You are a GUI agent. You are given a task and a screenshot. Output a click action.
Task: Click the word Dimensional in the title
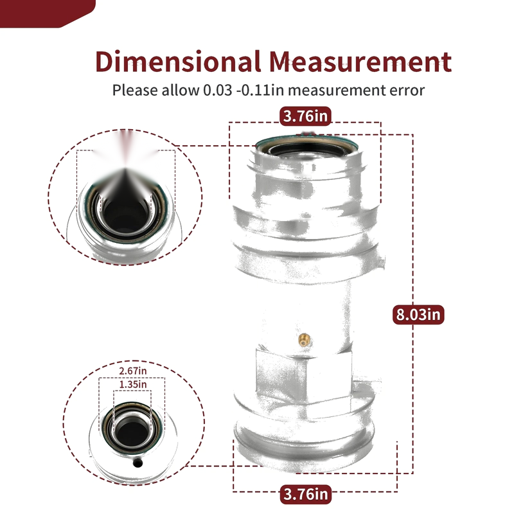178,62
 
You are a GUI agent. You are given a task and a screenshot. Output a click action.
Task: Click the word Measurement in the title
360,62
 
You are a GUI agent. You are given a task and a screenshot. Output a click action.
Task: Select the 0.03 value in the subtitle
218,90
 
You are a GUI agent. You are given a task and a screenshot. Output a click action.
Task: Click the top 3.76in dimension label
306,116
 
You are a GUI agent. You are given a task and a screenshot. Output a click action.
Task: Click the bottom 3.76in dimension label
306,493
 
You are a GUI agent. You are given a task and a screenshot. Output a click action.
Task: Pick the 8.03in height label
418,314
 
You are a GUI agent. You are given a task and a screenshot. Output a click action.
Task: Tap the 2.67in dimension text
133,371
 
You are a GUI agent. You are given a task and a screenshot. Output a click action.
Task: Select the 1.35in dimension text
133,384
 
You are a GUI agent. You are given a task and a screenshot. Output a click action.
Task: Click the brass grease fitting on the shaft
305,340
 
